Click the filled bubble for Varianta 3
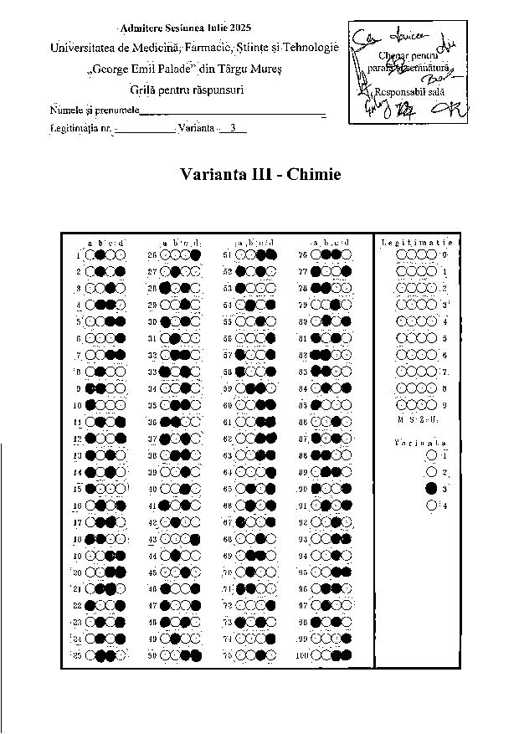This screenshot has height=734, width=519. [431, 488]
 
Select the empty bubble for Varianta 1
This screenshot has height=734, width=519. [431, 454]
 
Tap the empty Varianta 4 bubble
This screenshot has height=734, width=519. [431, 505]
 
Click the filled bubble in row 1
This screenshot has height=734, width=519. [100, 254]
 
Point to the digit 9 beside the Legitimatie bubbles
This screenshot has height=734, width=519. [444, 405]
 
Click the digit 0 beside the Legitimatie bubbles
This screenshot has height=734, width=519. [444, 254]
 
